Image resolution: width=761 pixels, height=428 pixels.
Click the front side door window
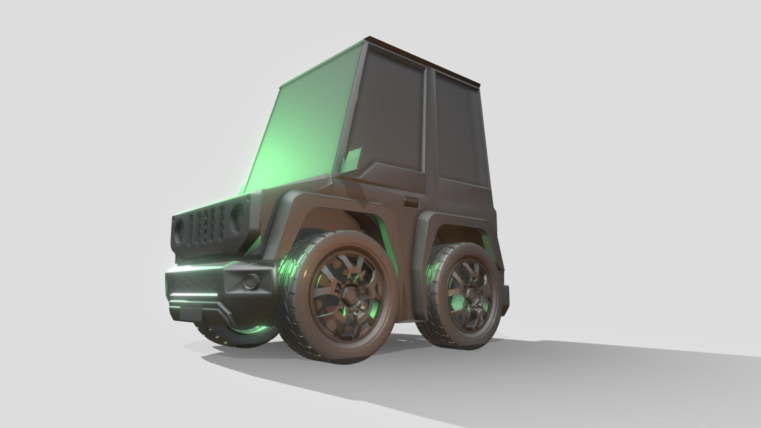click(x=392, y=115)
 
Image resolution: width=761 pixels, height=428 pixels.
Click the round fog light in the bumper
click(x=250, y=281)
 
